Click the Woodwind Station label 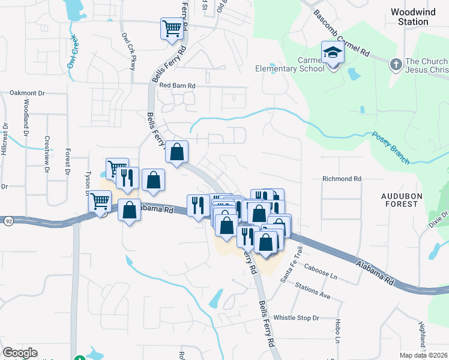pyautogui.click(x=409, y=17)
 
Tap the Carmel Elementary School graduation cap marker pyautogui.click(x=332, y=53)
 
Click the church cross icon pyautogui.click(x=396, y=64)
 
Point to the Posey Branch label pyautogui.click(x=390, y=148)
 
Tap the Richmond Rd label pyautogui.click(x=342, y=179)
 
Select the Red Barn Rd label pyautogui.click(x=178, y=86)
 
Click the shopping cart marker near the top pyautogui.click(x=172, y=28)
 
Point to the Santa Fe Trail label pyautogui.click(x=289, y=265)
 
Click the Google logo pyautogui.click(x=20, y=353)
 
